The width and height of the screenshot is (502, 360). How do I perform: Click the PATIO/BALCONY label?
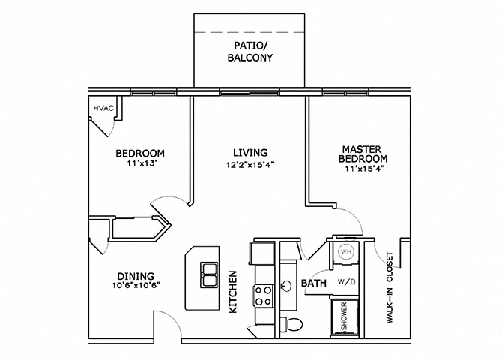click(x=250, y=59)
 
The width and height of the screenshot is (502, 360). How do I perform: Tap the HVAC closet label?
click(x=103, y=109)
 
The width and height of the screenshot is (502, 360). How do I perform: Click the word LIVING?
click(x=250, y=152)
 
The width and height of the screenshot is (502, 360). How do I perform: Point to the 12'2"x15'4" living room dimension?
click(x=250, y=165)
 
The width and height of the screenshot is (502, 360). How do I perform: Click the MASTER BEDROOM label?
click(x=363, y=154)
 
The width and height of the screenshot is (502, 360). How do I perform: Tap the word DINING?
click(x=135, y=274)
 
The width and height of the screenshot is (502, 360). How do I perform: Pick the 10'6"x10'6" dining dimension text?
click(x=135, y=286)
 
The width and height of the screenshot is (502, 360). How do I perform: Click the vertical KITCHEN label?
click(x=233, y=292)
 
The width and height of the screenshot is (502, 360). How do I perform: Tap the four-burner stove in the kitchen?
click(x=264, y=295)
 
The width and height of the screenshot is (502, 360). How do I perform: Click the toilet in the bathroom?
click(x=294, y=324)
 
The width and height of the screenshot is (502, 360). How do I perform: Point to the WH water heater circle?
click(x=345, y=252)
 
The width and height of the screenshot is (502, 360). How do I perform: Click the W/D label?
click(x=347, y=283)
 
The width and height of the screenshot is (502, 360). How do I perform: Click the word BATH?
click(x=312, y=283)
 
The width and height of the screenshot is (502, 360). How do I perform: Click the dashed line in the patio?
click(x=250, y=34)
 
